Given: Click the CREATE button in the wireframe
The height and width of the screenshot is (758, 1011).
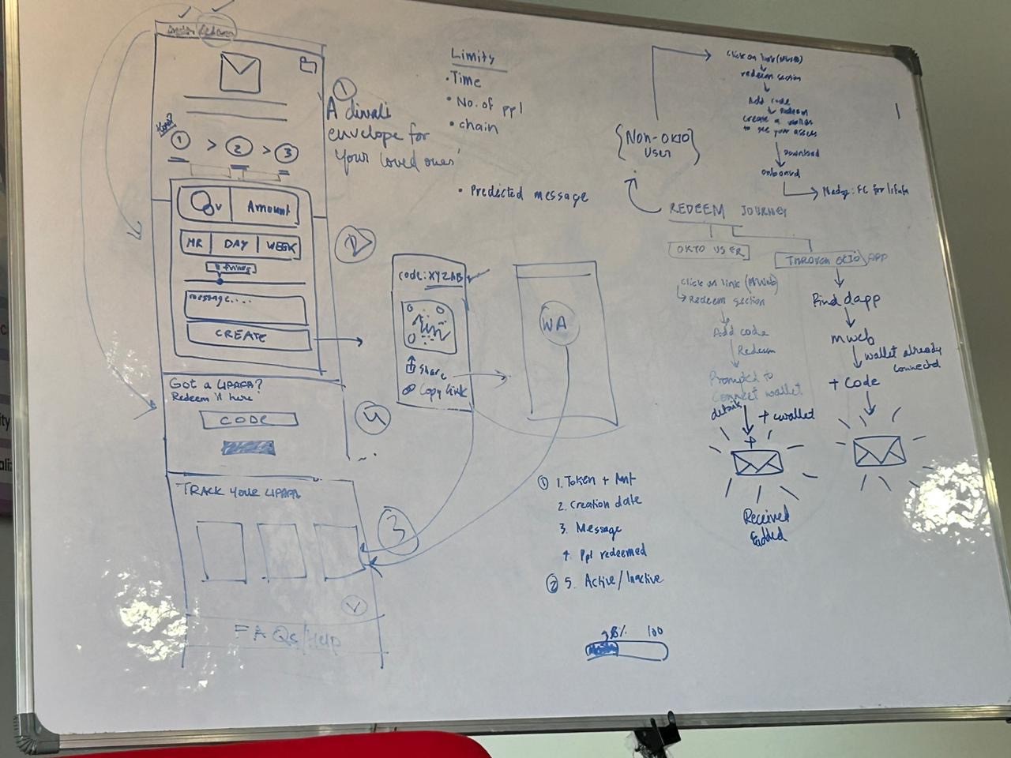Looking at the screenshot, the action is click(247, 336).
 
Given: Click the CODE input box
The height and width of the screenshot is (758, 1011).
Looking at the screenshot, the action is click(248, 421).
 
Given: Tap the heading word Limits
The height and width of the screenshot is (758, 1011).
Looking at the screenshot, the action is click(472, 56).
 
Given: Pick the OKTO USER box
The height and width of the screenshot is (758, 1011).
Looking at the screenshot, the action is click(708, 250).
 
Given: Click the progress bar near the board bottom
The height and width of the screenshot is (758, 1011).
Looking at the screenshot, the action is click(626, 651).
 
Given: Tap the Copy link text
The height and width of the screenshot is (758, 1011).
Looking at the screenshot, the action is click(440, 391).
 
